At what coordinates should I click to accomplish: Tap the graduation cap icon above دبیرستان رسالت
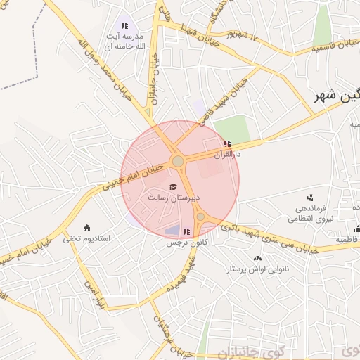[174, 186]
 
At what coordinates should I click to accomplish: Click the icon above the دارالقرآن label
[226, 143]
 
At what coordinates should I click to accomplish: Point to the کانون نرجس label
[179, 243]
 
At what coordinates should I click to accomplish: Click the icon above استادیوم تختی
[86, 227]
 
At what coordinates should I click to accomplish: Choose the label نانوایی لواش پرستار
[257, 269]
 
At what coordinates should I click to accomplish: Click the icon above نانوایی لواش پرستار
[257, 258]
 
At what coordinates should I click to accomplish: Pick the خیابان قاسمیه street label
[330, 47]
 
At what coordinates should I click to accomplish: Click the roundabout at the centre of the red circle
[178, 162]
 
